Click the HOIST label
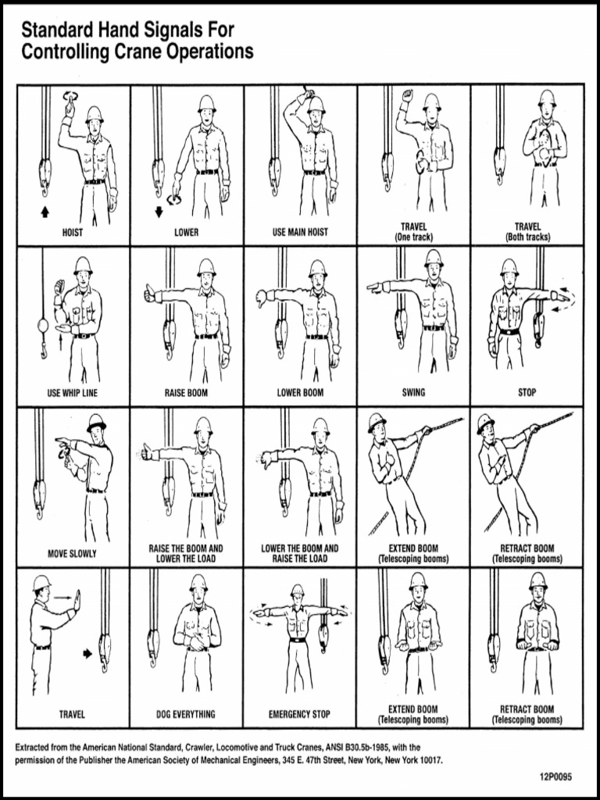[73, 232]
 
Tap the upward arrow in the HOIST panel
[45, 211]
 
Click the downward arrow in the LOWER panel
[159, 211]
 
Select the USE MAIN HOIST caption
[300, 232]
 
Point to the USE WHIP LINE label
[73, 393]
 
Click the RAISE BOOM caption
[186, 393]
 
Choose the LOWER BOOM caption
[300, 393]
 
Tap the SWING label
[413, 393]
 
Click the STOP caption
[527, 393]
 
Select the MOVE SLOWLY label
[73, 554]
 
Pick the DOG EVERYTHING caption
[186, 714]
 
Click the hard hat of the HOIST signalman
[95, 112]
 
